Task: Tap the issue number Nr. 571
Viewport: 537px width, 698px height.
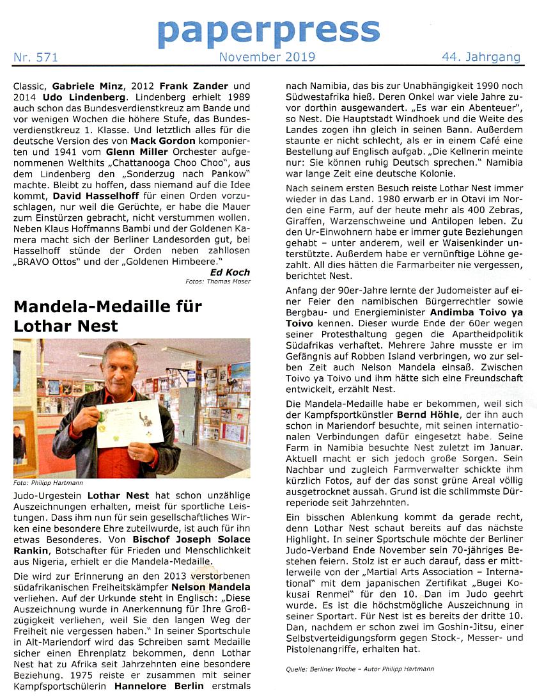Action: point(36,58)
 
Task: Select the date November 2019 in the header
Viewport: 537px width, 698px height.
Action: point(267,58)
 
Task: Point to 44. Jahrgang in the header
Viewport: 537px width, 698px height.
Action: point(481,58)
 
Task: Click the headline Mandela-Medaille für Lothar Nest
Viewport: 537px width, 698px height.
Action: point(107,315)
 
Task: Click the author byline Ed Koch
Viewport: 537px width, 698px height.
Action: point(230,272)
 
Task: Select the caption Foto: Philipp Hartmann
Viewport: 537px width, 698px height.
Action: point(49,483)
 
